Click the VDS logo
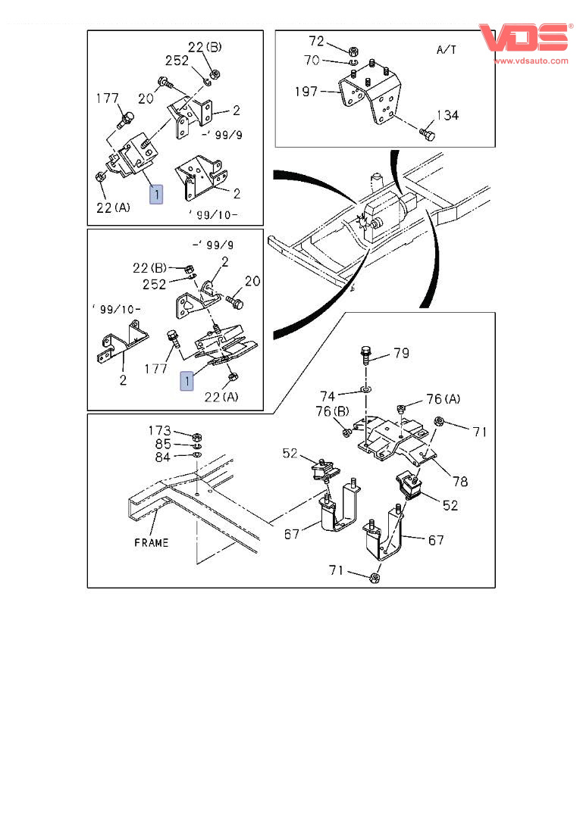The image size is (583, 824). [x=524, y=38]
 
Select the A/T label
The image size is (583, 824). [x=447, y=49]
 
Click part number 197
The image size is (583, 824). [x=307, y=92]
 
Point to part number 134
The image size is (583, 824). [x=447, y=115]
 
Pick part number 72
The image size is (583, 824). [x=316, y=40]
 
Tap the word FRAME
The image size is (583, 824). [x=152, y=542]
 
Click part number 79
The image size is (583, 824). [x=401, y=353]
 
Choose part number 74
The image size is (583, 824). [x=328, y=395]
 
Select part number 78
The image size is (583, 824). [x=460, y=481]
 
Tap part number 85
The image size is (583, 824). [x=163, y=444]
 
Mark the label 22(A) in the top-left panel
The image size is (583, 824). [x=114, y=207]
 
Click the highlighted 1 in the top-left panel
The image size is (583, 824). [x=155, y=195]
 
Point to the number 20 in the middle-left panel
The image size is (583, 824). [x=252, y=281]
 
